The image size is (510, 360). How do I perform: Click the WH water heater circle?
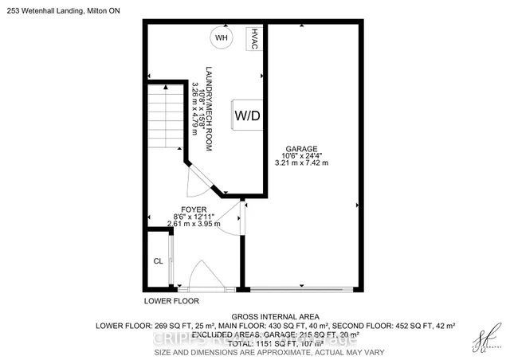(220, 37)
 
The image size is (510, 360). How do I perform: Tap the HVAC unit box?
(254, 37)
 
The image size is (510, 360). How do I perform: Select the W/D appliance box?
(246, 116)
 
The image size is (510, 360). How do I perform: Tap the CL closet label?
(158, 260)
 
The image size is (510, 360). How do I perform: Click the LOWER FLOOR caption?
(171, 302)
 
